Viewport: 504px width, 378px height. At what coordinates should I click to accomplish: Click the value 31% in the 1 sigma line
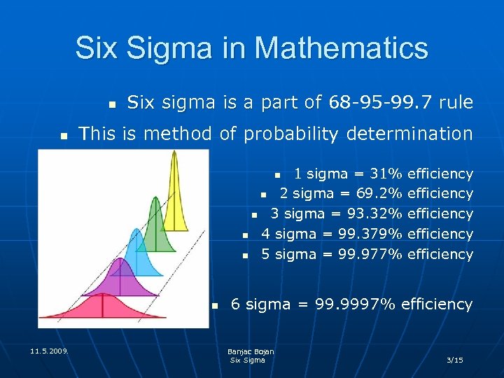tap(386, 173)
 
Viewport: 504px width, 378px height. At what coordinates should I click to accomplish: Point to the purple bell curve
tap(120, 280)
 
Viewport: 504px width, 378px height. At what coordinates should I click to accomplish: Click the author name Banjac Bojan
tap(251, 351)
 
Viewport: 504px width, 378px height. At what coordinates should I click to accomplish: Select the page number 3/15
tap(455, 360)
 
